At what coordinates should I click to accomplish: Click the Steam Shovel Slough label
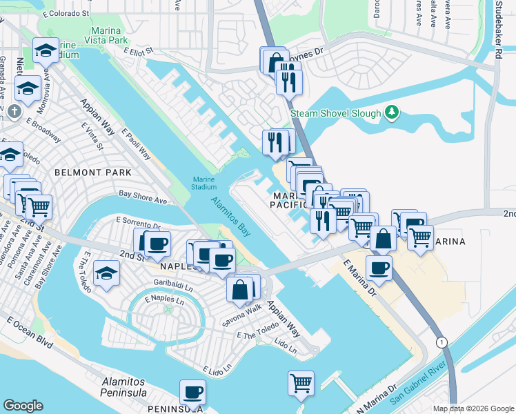pos(335,113)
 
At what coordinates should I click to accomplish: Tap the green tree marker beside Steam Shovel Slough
pos(392,112)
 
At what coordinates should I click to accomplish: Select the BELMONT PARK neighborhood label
pos(83,172)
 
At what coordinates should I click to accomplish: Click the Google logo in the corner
pos(23,405)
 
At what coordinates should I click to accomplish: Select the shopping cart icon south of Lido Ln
pos(301,383)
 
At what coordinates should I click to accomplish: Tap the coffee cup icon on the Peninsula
pos(192,392)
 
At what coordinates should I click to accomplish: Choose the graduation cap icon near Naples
pos(107,273)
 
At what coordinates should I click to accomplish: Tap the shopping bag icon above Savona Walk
pos(241,290)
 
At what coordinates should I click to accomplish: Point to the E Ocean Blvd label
pos(30,332)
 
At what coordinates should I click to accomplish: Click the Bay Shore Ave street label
pos(143,198)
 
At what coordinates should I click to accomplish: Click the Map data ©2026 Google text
pos(473,408)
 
